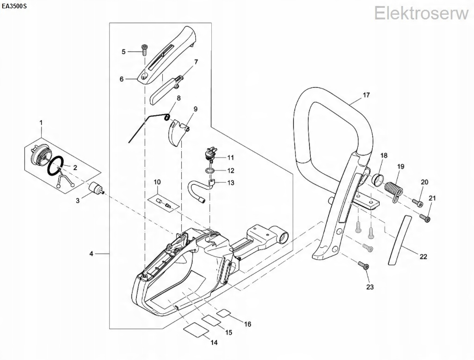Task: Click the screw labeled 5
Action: (x=144, y=49)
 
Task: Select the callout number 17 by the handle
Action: (x=366, y=96)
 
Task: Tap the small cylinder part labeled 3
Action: (x=96, y=189)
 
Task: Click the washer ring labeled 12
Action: (x=211, y=171)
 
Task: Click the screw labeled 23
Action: (x=362, y=265)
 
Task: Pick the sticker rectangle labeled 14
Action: (x=194, y=330)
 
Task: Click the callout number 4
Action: (x=91, y=254)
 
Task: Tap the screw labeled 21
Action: (x=425, y=216)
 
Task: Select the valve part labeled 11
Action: (x=211, y=154)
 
